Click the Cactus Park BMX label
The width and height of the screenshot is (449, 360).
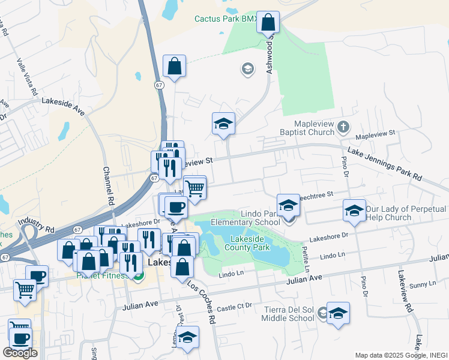point(225,19)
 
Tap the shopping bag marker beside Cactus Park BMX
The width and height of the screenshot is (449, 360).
point(269,23)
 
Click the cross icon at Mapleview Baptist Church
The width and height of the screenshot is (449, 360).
point(343,127)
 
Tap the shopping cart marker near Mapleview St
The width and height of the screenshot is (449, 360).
point(194,187)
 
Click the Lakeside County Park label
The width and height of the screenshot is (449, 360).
point(247,242)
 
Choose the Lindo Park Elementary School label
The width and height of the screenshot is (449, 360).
point(246,218)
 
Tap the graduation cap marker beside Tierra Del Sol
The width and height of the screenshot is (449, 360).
point(338,313)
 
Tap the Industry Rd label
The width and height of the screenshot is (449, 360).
point(36,226)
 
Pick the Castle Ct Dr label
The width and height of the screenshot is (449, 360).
point(234,307)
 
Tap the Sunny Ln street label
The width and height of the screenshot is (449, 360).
point(424,284)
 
